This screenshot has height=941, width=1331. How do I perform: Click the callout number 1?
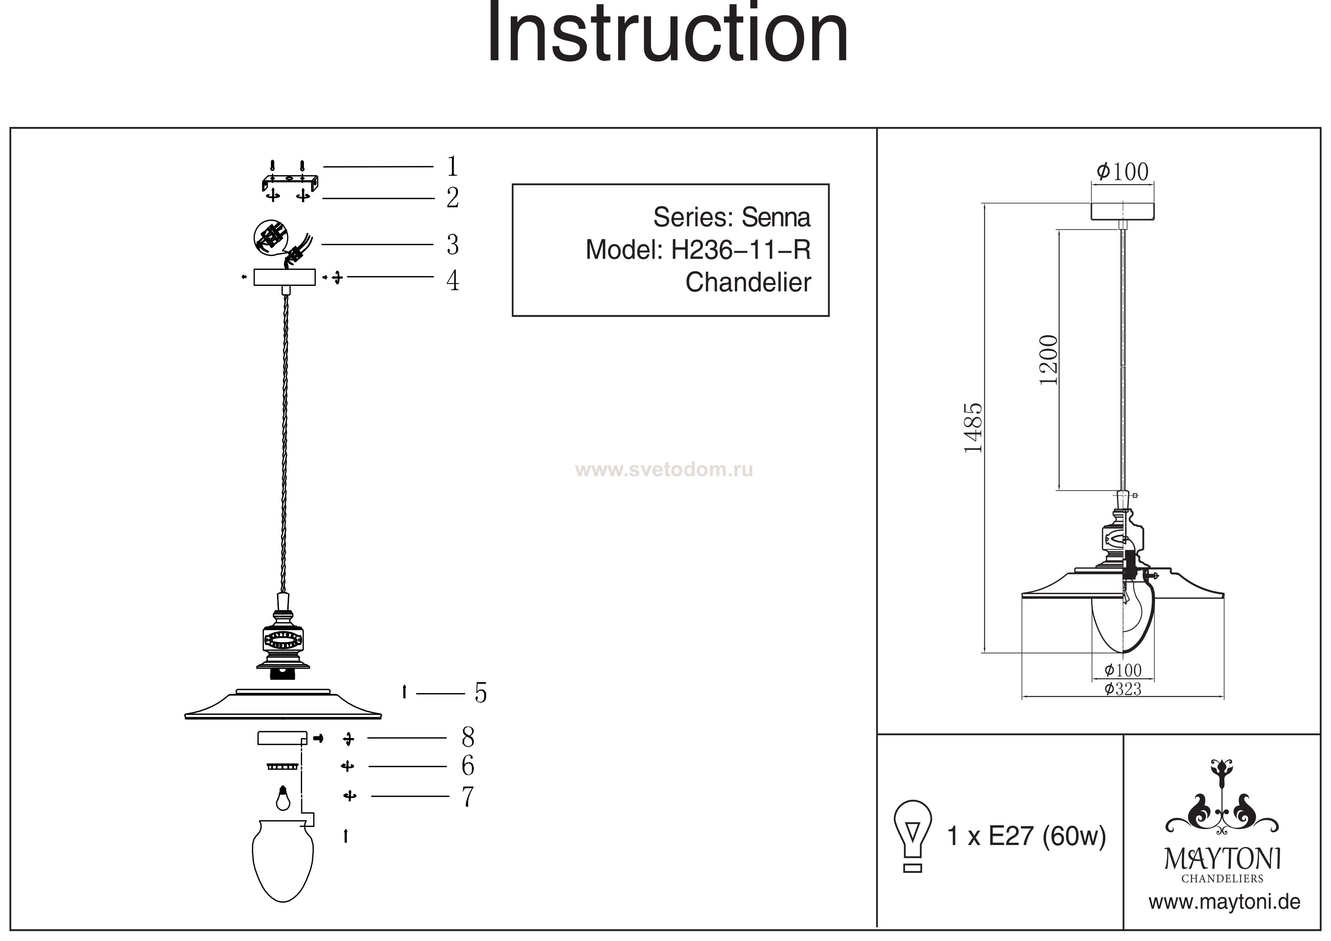(453, 167)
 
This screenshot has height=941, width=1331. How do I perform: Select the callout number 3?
(453, 245)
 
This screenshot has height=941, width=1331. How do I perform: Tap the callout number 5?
(481, 693)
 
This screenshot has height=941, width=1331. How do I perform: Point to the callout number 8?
(468, 738)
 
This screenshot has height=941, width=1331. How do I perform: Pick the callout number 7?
(468, 797)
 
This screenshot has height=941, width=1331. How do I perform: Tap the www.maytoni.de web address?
(1224, 902)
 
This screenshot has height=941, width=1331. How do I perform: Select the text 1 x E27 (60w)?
(1026, 836)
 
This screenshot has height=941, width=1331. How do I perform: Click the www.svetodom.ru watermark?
(664, 470)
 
